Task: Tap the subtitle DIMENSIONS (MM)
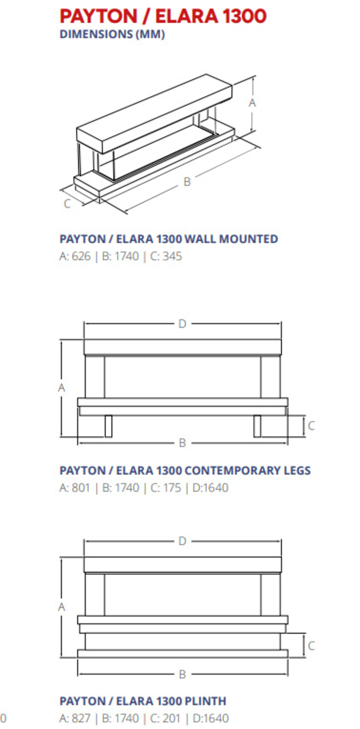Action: point(112,34)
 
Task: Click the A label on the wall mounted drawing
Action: point(252,103)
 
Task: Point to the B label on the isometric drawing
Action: point(187,182)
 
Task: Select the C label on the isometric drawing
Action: point(67,204)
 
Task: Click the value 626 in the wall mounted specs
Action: point(81,257)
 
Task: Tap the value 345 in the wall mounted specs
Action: point(172,257)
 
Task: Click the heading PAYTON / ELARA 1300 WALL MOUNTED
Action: point(169,239)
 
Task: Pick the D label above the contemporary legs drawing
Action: point(182,324)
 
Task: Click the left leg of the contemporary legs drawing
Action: point(109,426)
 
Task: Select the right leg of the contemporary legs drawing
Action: point(257,426)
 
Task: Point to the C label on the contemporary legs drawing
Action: point(311,426)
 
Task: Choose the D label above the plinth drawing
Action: point(182,541)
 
